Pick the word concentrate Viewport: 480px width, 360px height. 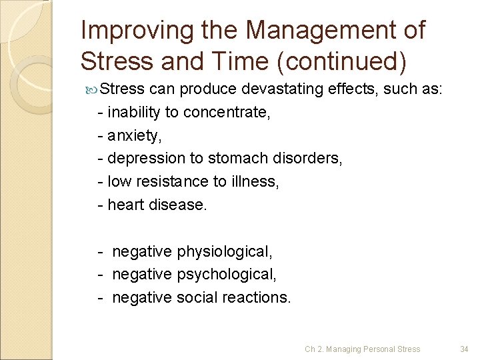(227, 112)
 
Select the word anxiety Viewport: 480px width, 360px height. (134, 135)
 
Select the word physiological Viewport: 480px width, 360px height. (225, 251)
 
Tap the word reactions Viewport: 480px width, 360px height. (256, 297)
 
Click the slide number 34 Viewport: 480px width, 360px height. (465, 349)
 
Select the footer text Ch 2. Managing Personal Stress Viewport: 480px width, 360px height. (363, 349)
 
